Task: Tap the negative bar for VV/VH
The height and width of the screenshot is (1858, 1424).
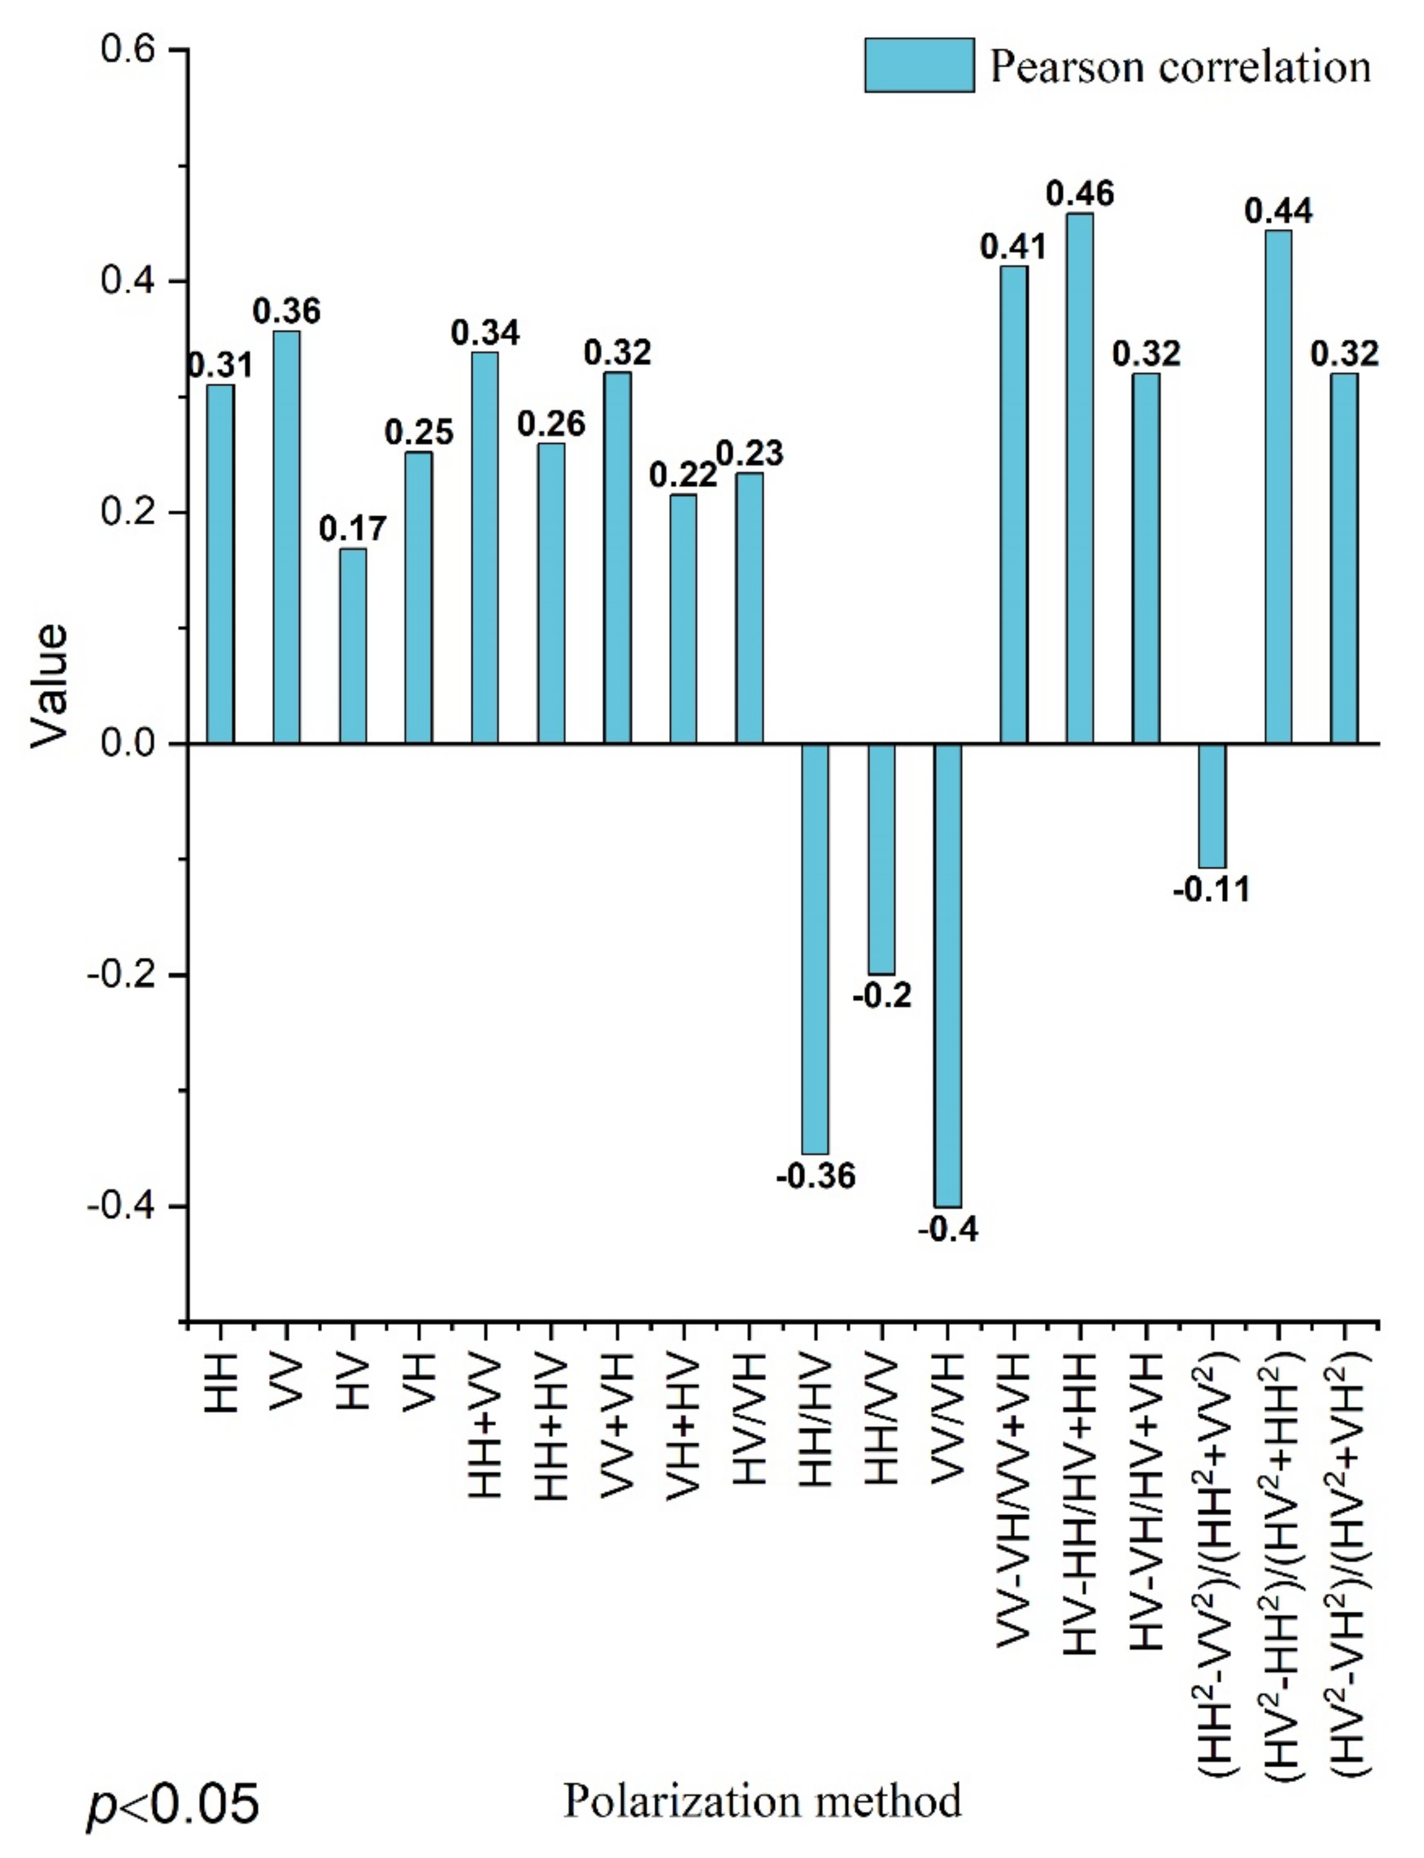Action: (x=947, y=975)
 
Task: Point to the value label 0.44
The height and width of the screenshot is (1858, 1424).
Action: (x=1278, y=211)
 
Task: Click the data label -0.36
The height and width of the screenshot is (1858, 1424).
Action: (x=815, y=1176)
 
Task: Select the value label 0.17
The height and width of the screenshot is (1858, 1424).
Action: (x=352, y=529)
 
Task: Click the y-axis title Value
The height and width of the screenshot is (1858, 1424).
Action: (x=48, y=686)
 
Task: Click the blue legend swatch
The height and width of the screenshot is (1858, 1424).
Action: (x=919, y=65)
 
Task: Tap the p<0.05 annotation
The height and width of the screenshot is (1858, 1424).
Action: (x=173, y=1804)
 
